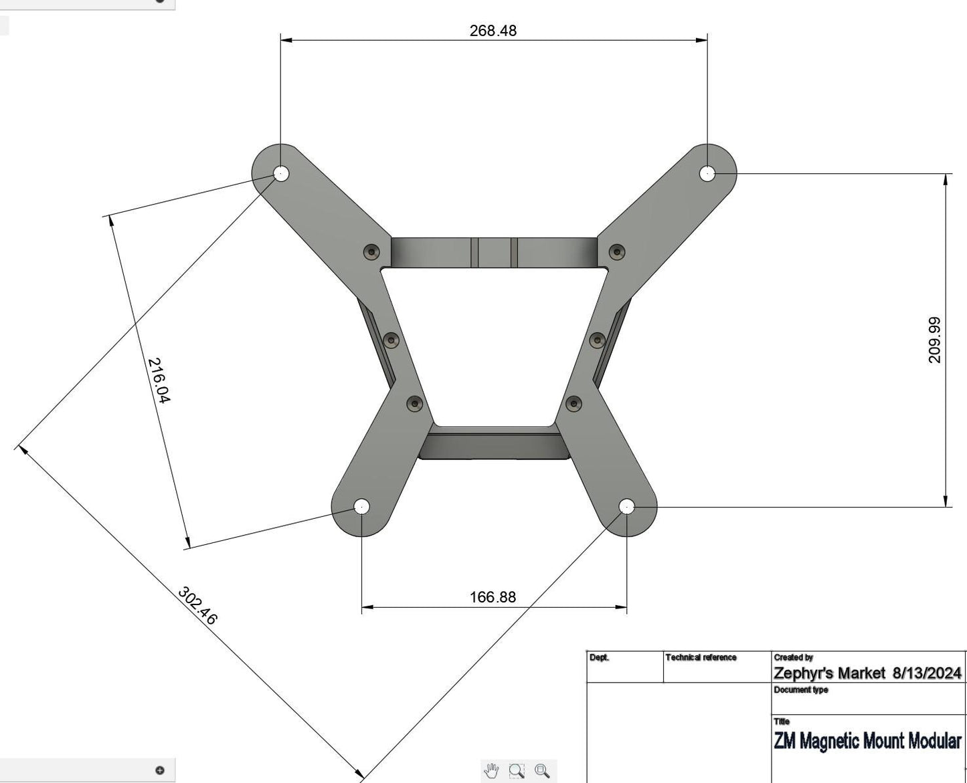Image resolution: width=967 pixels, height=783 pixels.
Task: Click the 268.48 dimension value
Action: (x=493, y=31)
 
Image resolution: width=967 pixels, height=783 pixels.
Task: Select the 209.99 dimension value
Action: (x=935, y=340)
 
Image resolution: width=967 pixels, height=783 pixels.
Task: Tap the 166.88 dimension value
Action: (x=493, y=597)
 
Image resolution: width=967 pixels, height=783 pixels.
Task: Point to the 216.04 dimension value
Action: (x=159, y=380)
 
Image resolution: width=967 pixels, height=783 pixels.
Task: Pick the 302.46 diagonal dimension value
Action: (x=197, y=606)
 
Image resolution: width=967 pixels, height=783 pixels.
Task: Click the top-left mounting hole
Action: (x=281, y=174)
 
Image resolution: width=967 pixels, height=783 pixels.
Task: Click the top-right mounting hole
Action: (x=707, y=174)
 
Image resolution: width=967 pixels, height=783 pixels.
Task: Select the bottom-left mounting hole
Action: (x=361, y=506)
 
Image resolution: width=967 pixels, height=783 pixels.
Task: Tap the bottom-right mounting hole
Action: (x=627, y=507)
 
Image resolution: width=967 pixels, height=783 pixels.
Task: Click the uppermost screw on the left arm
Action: (x=371, y=252)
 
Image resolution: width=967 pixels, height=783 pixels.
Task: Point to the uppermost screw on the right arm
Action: (x=617, y=252)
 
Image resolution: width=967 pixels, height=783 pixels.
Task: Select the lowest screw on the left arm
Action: (x=415, y=403)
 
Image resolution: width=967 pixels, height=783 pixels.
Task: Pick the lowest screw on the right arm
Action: (x=574, y=403)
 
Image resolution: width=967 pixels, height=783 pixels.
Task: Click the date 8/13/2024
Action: (x=927, y=673)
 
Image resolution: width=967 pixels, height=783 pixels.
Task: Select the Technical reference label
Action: (x=701, y=658)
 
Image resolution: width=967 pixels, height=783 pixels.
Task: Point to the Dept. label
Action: (x=599, y=658)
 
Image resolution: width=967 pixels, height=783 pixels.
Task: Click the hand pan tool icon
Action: (x=491, y=771)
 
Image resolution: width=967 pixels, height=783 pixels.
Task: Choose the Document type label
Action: (x=800, y=690)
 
